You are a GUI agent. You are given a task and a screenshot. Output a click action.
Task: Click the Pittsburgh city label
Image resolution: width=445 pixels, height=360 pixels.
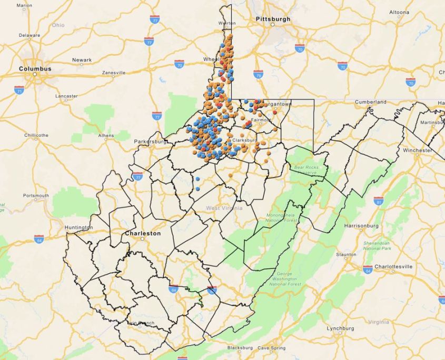(273, 19)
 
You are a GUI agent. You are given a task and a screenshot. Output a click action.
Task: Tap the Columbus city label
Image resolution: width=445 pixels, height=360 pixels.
(35, 69)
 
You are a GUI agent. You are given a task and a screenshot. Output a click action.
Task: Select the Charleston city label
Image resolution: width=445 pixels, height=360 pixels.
(142, 233)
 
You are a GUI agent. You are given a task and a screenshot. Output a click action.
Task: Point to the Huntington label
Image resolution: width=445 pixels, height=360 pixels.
(79, 227)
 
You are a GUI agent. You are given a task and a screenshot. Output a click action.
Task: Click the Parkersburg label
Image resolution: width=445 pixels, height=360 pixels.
(150, 142)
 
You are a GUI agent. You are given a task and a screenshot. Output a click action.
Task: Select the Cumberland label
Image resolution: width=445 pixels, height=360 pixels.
(370, 102)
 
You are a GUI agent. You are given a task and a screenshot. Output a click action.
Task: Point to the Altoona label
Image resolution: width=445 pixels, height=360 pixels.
(399, 12)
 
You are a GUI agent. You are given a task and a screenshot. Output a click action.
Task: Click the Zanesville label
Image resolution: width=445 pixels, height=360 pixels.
(114, 73)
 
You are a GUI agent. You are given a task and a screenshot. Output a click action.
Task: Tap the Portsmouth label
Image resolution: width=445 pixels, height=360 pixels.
(36, 195)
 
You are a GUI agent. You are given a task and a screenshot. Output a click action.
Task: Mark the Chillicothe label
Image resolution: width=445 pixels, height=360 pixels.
(36, 135)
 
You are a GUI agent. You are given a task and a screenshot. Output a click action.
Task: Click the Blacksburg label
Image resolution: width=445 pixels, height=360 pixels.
(240, 348)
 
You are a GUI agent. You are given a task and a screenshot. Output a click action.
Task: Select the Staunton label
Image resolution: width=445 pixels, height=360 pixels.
(346, 255)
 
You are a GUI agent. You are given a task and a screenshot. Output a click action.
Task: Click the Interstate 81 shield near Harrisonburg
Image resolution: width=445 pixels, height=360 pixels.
(378, 201)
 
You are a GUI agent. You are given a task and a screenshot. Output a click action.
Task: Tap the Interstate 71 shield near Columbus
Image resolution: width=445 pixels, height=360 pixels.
(19, 90)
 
